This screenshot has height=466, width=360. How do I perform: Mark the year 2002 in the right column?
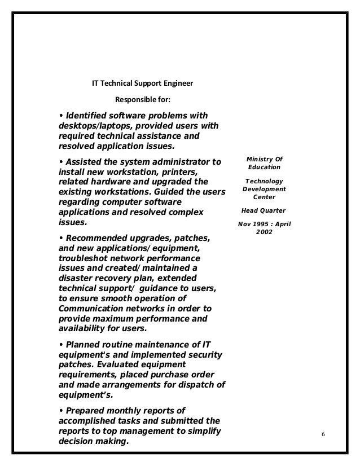(x=264, y=231)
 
